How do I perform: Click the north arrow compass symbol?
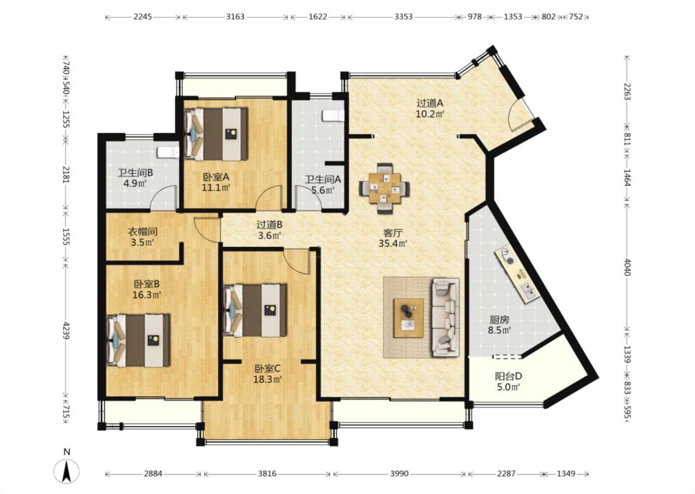tap(67, 471)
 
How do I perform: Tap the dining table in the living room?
tap(384, 188)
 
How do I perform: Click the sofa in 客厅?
tap(445, 317)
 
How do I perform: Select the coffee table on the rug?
tap(408, 318)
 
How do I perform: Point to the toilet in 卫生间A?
tap(333, 115)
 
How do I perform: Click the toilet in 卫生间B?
tap(168, 153)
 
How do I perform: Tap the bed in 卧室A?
tap(216, 134)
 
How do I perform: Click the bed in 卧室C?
tap(255, 310)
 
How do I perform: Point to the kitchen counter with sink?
tap(518, 274)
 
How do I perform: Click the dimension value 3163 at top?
tap(235, 17)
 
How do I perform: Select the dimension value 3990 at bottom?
tap(399, 474)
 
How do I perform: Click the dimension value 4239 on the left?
tap(65, 330)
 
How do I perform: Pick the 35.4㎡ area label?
tap(393, 243)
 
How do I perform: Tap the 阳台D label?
tap(508, 377)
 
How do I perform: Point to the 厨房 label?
tap(499, 319)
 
